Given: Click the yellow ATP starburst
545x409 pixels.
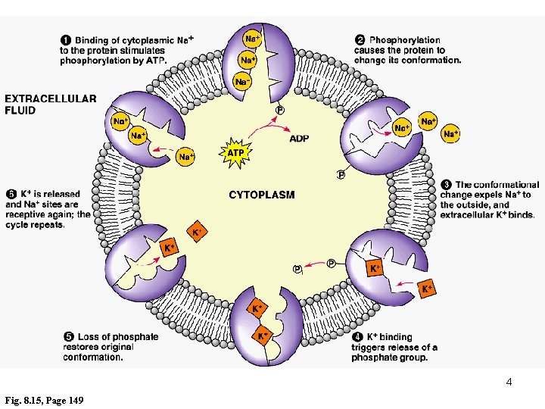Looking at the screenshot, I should coord(235,153).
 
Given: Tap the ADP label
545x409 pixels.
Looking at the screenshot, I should coord(299,138).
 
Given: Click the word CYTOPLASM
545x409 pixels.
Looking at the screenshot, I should coord(262,195).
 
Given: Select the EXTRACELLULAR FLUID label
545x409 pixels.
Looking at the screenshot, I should coord(50,104).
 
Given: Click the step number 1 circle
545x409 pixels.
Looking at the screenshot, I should coord(66,39).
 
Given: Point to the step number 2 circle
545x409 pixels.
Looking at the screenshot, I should coord(360,39).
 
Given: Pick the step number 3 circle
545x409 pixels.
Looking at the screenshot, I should coord(447,184).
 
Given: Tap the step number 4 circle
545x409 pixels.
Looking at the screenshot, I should coord(357,336).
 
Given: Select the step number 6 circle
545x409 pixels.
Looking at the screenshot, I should coord(11,193).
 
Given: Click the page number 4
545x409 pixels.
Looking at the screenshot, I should coord(509,382).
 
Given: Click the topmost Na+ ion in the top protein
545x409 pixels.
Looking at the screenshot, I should coord(253,36).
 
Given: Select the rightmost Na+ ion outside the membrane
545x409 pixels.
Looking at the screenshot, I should coord(451,134).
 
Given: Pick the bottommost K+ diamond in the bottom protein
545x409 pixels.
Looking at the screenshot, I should coord(263,336).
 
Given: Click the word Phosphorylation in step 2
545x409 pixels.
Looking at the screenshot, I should coord(405,39).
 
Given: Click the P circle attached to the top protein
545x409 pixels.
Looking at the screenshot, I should coord(280,111).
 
